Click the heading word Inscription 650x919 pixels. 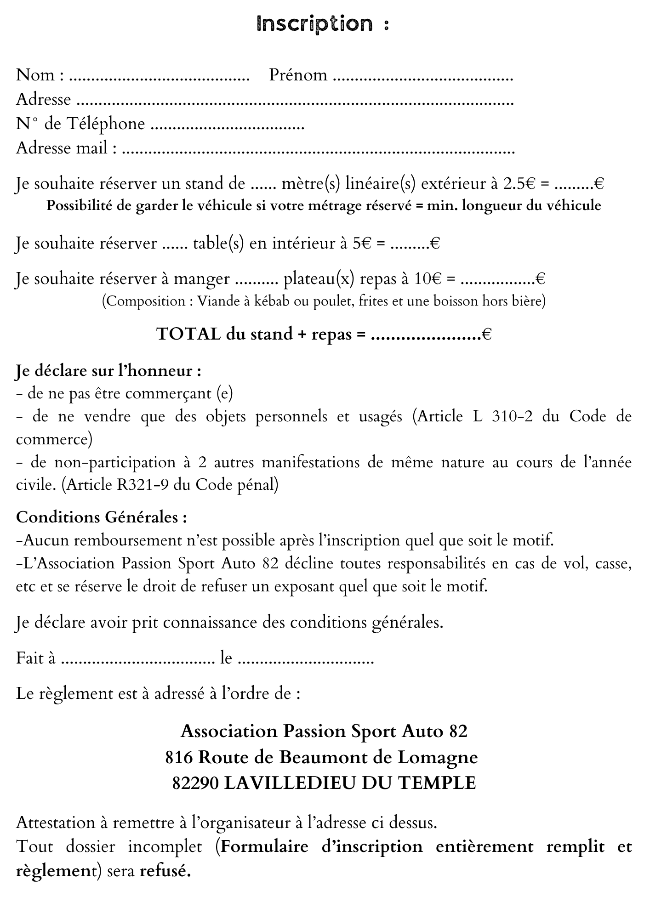tap(315, 24)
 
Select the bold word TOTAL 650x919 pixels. tap(188, 334)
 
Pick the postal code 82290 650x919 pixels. tap(195, 783)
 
